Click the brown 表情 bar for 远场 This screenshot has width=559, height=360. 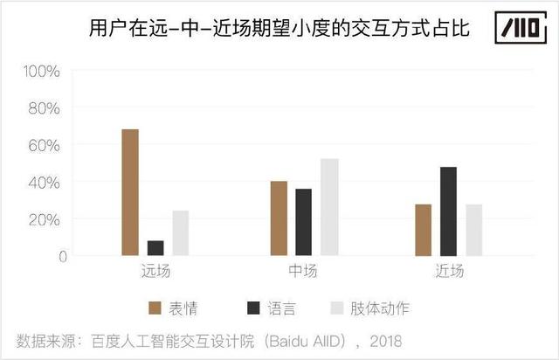click(x=130, y=192)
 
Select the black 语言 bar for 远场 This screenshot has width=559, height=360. click(x=155, y=248)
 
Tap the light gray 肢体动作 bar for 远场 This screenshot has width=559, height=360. click(x=180, y=233)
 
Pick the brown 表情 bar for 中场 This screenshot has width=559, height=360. click(x=279, y=218)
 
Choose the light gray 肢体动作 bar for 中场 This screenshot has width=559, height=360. click(x=328, y=207)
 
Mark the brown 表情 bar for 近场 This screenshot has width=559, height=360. click(x=424, y=230)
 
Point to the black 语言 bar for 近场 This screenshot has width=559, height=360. click(x=449, y=211)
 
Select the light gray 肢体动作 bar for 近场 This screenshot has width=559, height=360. click(x=473, y=230)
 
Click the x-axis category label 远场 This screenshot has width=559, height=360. click(x=155, y=271)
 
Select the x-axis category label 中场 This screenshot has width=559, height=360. click(x=303, y=271)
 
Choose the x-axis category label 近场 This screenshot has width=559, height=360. click(x=449, y=271)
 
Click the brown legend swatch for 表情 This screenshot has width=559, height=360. click(x=155, y=308)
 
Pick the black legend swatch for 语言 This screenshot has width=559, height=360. click(x=253, y=308)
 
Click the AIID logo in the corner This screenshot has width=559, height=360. click(x=514, y=29)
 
